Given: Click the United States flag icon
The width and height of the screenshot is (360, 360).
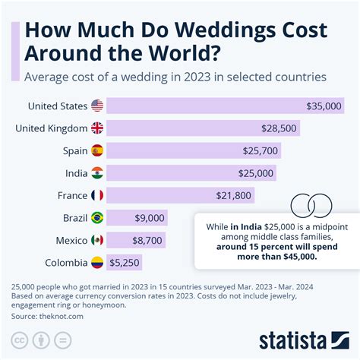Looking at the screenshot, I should [x=97, y=106].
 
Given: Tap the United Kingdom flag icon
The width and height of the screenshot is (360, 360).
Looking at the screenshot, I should [x=97, y=128].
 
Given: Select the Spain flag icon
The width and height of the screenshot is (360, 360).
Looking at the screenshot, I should [x=97, y=150].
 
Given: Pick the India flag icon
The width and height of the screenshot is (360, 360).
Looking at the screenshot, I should [x=97, y=173].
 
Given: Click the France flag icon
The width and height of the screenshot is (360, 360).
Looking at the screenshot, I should [x=97, y=195].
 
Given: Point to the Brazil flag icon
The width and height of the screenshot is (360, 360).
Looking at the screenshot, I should [x=97, y=218].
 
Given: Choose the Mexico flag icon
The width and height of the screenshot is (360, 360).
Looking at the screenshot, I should [x=97, y=240].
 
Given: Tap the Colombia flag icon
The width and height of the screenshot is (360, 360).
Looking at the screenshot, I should [x=97, y=263].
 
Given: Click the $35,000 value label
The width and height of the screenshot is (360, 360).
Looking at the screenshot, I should [x=324, y=106].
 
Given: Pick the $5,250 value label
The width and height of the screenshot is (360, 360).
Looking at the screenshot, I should [x=125, y=263].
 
